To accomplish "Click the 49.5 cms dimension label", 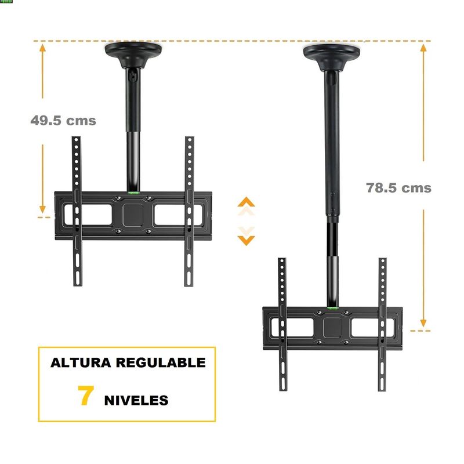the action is point(63,121).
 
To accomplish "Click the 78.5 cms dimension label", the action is point(398,188).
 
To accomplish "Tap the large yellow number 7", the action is point(86,396).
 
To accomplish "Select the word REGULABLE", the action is point(161,363).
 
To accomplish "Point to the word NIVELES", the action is point(136,400).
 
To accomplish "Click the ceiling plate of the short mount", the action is point(133,54).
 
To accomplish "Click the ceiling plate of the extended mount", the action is point(332,57).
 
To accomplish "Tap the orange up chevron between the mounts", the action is point(246,202).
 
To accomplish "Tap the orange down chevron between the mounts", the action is point(246,240).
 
